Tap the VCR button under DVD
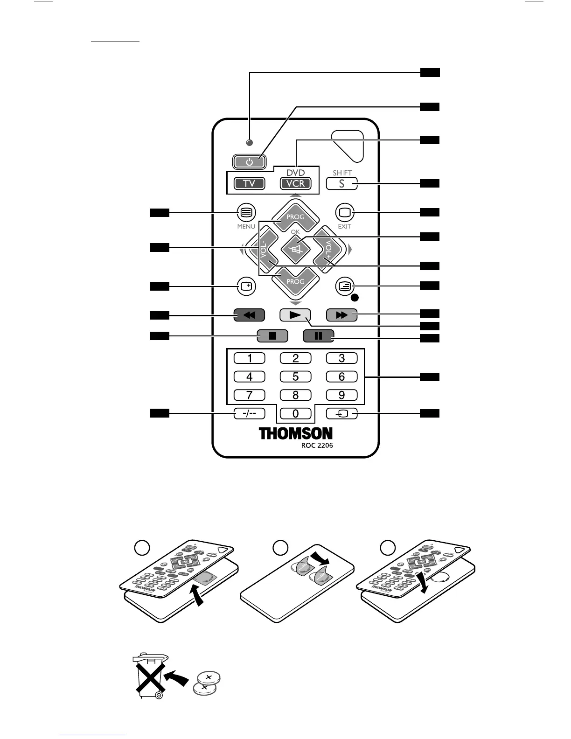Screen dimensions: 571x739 (x=295, y=183)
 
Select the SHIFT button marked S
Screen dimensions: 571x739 (x=341, y=183)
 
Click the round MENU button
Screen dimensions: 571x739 (x=246, y=213)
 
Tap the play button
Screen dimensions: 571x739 (x=295, y=315)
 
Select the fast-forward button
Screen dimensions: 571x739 (x=341, y=315)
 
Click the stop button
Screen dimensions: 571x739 (x=272, y=335)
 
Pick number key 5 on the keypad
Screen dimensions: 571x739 (x=295, y=376)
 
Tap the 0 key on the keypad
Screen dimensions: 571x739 (x=295, y=413)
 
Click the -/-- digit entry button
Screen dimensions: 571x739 (x=249, y=413)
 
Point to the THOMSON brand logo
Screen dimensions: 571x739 (x=296, y=433)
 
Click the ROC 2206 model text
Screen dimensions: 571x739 (x=317, y=446)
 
